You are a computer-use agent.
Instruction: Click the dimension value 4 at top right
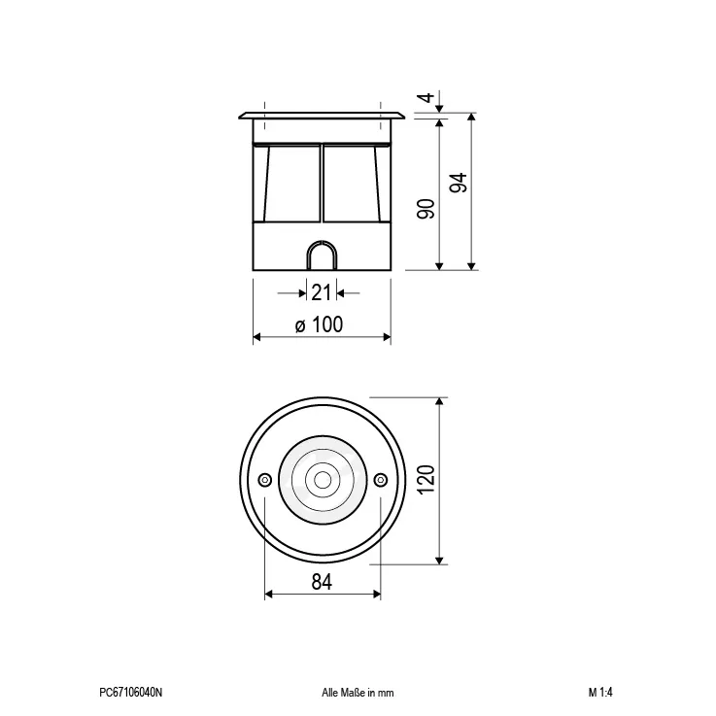pyautogui.click(x=427, y=97)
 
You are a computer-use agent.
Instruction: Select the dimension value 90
pyautogui.click(x=426, y=209)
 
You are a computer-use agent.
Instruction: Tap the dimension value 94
pyautogui.click(x=459, y=183)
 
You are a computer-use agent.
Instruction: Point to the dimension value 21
pyautogui.click(x=321, y=292)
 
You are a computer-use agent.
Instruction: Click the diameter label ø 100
pyautogui.click(x=319, y=324)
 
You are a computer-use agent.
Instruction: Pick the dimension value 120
pyautogui.click(x=426, y=480)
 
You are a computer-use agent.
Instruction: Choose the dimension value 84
pyautogui.click(x=322, y=582)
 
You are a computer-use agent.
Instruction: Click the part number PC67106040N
pyautogui.click(x=130, y=693)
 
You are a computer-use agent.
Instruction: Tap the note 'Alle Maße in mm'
pyautogui.click(x=358, y=693)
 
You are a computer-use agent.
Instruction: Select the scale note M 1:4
pyautogui.click(x=600, y=693)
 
